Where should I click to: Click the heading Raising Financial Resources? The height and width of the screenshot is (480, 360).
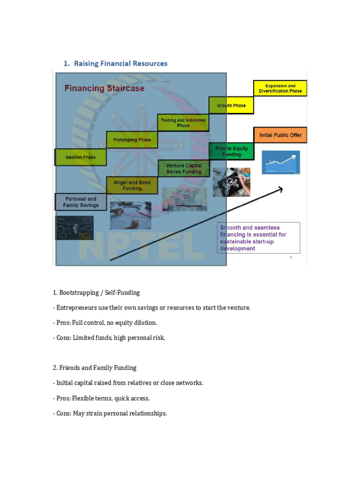pyautogui.click(x=115, y=63)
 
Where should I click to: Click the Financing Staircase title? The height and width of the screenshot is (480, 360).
pyautogui.click(x=104, y=88)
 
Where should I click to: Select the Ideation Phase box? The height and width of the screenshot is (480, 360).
pyautogui.click(x=81, y=157)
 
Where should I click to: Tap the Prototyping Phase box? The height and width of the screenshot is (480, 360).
pyautogui.click(x=132, y=140)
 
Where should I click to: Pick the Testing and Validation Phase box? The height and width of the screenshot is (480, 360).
pyautogui.click(x=183, y=123)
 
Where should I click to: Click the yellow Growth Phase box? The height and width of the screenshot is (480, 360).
pyautogui.click(x=231, y=105)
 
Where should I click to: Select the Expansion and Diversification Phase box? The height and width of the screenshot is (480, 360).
pyautogui.click(x=280, y=89)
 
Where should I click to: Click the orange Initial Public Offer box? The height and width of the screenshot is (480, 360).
pyautogui.click(x=280, y=135)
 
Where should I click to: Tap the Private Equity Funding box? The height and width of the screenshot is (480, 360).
pyautogui.click(x=231, y=151)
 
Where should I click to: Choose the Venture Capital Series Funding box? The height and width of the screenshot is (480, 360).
pyautogui.click(x=183, y=169)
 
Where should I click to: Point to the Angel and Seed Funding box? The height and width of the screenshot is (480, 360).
pyautogui.click(x=132, y=186)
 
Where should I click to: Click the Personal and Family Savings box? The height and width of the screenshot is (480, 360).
pyautogui.click(x=81, y=202)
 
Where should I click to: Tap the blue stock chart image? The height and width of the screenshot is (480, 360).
pyautogui.click(x=280, y=163)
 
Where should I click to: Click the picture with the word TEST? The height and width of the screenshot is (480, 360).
pyautogui.click(x=184, y=199)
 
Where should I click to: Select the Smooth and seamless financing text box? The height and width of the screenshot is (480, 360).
pyautogui.click(x=258, y=238)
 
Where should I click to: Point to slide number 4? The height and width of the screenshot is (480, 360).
pyautogui.click(x=291, y=257)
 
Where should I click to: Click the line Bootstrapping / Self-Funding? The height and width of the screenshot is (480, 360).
pyautogui.click(x=96, y=292)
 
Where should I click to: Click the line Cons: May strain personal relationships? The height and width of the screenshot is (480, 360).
pyautogui.click(x=110, y=413)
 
